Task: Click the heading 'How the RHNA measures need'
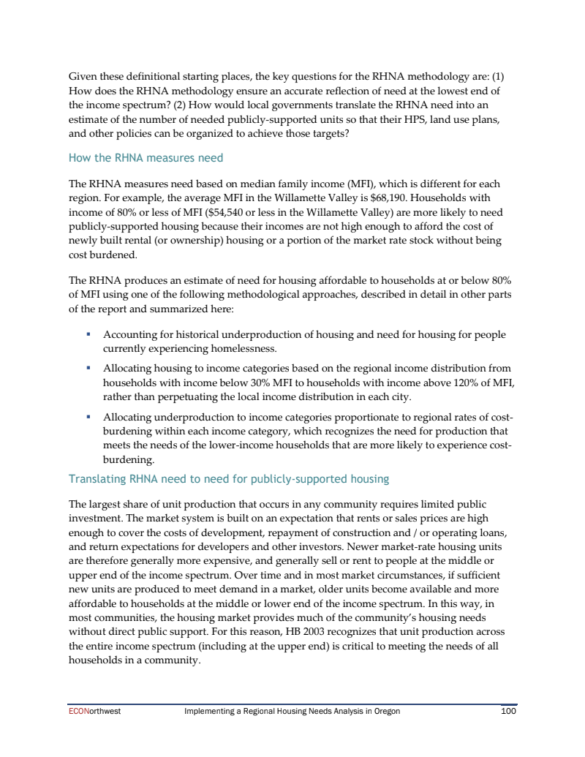click(146, 158)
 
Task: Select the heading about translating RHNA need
click(228, 479)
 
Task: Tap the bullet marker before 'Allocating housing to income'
click(88, 369)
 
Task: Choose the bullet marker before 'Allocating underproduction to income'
click(88, 416)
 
